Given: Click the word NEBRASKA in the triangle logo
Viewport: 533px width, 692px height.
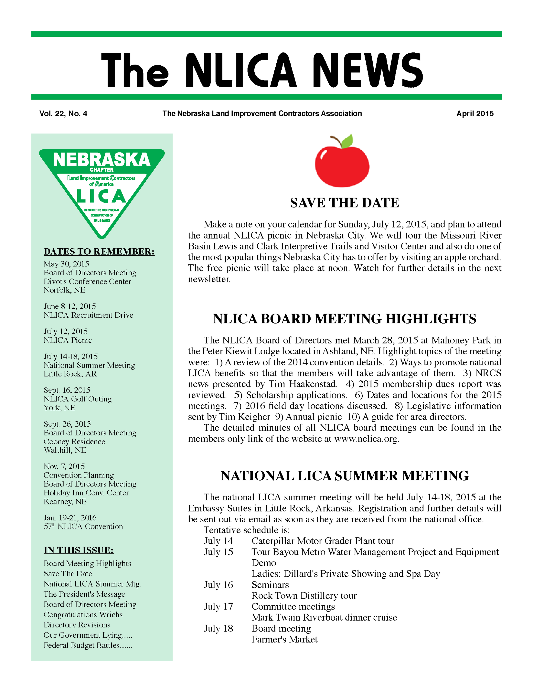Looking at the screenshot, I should [101, 160].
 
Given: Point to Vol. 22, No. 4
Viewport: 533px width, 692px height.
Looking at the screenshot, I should [63, 114].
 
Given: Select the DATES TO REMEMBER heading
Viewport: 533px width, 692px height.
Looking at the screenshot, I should [99, 252].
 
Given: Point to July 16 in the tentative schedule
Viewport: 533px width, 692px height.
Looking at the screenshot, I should [218, 585].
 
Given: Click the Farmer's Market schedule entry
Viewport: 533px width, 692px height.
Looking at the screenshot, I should [284, 639].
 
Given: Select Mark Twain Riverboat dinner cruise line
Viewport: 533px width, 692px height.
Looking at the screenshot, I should [324, 618].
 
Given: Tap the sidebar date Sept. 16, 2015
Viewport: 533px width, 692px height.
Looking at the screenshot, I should [67, 390].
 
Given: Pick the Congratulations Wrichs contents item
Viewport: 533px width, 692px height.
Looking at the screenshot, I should [83, 615].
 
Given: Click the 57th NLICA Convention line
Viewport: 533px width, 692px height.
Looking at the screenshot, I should [83, 527].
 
